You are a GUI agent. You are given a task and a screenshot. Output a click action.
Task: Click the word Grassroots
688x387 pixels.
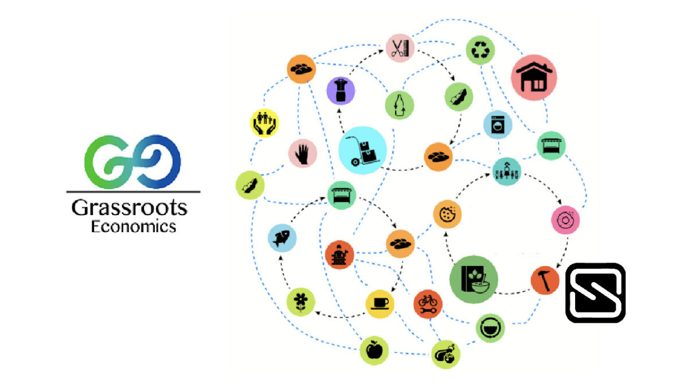[x=130, y=208]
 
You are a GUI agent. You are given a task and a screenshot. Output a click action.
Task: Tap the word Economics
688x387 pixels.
[x=133, y=227]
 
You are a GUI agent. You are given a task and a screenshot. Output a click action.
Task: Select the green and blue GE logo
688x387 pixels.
[x=132, y=162]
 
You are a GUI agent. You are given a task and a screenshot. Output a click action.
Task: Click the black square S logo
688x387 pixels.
[x=595, y=293]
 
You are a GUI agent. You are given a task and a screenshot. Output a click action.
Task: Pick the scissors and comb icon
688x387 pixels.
[x=400, y=48]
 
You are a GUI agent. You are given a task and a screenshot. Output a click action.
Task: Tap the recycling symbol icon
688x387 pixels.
[x=480, y=50]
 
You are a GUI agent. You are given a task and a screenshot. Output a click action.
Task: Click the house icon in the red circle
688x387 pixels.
[x=534, y=77]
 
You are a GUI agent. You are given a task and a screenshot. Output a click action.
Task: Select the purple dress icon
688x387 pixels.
[x=341, y=91]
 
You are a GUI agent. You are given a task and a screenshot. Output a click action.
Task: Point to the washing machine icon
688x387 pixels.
[x=498, y=125]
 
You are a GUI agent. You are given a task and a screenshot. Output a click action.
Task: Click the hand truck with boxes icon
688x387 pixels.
[x=362, y=150]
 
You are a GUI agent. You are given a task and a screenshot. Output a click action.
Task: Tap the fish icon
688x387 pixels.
[x=282, y=238]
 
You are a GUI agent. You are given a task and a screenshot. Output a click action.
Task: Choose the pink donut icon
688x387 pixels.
[x=565, y=220]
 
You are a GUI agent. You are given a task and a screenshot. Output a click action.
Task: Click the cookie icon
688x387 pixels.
[x=447, y=214]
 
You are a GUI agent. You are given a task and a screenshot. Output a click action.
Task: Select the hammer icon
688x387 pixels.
[x=545, y=280]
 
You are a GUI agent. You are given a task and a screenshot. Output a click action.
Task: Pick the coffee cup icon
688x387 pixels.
[x=380, y=304]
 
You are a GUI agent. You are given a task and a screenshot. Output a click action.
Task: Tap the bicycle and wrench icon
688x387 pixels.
[x=428, y=304]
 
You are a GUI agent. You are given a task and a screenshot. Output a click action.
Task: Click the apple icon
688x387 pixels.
[x=374, y=351]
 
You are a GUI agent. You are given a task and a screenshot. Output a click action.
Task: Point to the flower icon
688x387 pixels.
[x=300, y=302]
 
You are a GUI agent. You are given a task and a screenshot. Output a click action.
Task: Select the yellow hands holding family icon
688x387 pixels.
[x=264, y=123]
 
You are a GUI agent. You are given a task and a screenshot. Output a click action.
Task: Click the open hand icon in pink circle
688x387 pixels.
[x=303, y=153]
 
